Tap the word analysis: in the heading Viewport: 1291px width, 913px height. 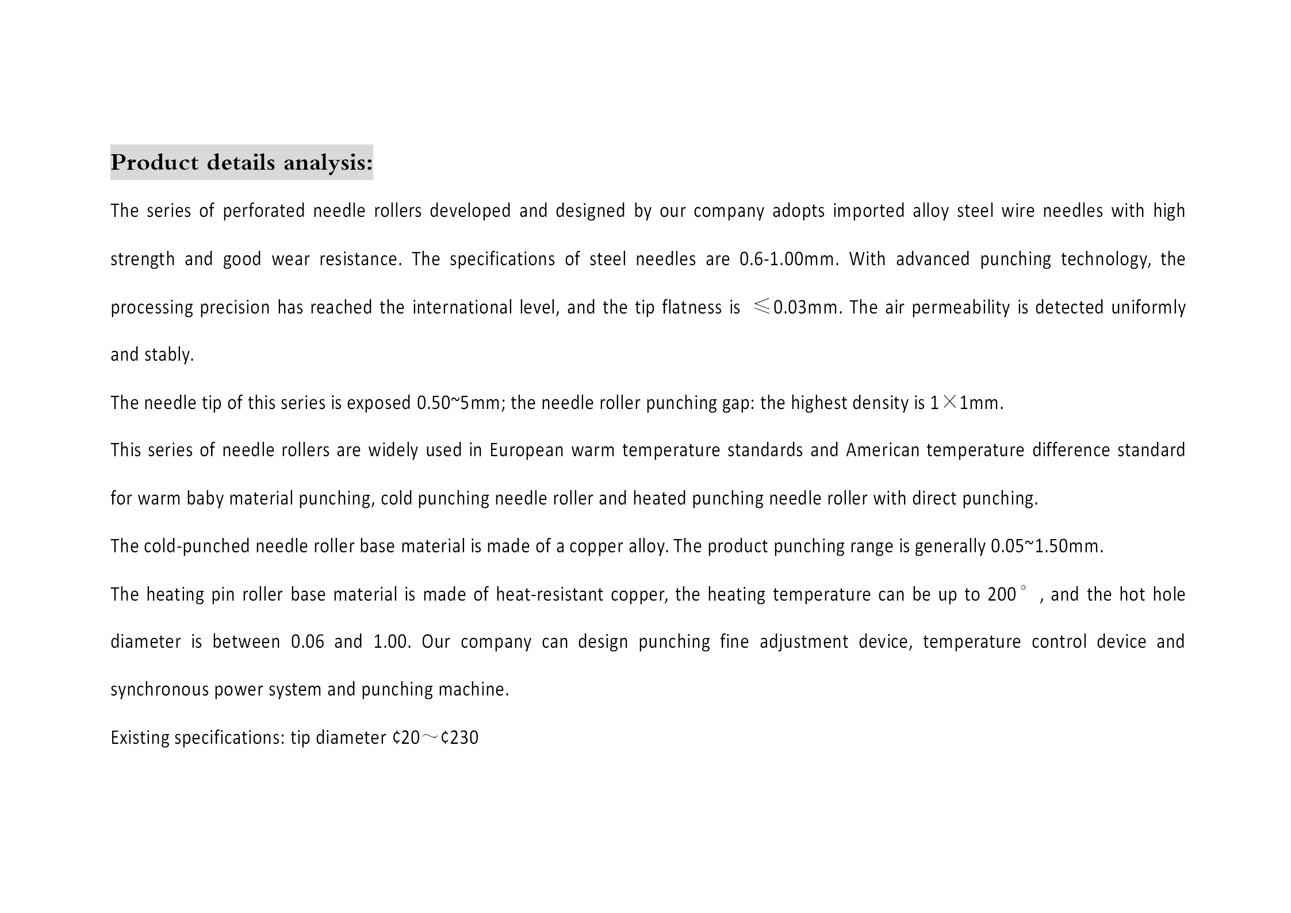click(x=328, y=163)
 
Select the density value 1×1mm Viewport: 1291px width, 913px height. click(x=966, y=403)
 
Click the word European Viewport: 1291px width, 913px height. click(x=526, y=450)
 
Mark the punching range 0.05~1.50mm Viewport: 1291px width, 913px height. click(x=1047, y=546)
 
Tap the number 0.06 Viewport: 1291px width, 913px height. click(x=308, y=641)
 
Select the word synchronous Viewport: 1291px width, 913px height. click(x=159, y=690)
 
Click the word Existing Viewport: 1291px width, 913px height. click(x=139, y=738)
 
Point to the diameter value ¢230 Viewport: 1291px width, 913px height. click(x=459, y=738)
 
